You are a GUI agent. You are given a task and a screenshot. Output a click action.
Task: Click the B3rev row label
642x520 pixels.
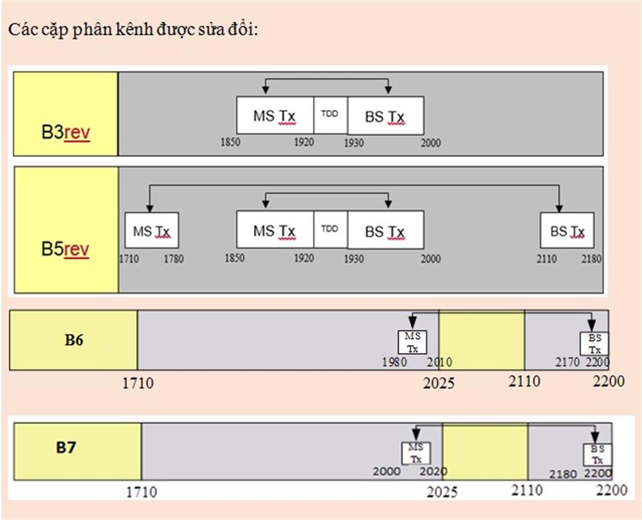coord(66,133)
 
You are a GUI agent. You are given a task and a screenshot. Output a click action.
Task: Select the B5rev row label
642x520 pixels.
coord(66,250)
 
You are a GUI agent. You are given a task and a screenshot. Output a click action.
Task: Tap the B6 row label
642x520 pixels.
coord(74,340)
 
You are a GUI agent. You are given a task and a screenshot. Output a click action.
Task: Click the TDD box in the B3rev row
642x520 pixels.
coord(330,115)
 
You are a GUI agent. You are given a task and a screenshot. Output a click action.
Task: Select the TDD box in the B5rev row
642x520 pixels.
coord(330,230)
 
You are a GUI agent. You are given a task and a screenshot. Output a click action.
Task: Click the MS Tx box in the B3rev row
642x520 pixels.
coord(275,116)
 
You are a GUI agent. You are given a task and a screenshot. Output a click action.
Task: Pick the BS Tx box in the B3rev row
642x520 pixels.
coord(385,116)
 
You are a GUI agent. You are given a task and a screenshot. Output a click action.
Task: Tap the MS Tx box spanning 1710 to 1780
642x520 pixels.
coord(151,230)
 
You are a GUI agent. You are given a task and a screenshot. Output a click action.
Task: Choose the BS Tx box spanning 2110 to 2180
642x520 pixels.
coord(567,230)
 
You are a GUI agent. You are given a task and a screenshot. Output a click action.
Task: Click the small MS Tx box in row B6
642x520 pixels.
coord(412,342)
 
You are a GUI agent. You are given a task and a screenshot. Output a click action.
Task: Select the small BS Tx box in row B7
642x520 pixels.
coord(597,454)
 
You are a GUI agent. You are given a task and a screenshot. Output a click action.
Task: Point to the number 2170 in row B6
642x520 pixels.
coord(568,362)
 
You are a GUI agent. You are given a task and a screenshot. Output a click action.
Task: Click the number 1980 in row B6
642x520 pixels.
coord(394,362)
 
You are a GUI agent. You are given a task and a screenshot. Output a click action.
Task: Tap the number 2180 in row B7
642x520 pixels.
coord(563,474)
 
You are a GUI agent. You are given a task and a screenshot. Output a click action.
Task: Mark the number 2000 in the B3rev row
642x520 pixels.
coord(430,143)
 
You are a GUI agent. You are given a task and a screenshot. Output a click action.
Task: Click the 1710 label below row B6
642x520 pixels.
coord(138,384)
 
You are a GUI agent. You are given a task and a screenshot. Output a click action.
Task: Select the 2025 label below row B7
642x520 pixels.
coord(442,491)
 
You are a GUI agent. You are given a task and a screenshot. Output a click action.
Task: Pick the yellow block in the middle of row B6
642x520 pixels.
coord(481,340)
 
